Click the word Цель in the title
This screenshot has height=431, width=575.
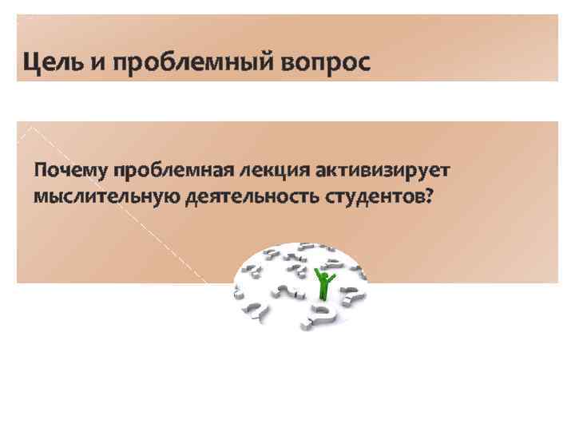(54, 61)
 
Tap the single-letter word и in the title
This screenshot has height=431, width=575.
(101, 63)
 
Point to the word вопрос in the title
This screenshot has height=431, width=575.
(325, 63)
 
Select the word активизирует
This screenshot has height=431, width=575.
(383, 171)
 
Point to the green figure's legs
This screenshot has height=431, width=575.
(323, 293)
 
